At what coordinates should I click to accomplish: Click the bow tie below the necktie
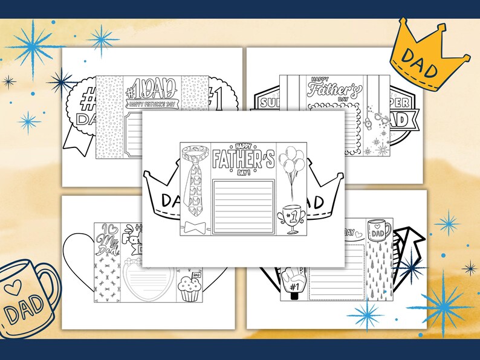click(195, 228)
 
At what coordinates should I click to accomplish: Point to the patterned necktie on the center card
click(195, 181)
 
